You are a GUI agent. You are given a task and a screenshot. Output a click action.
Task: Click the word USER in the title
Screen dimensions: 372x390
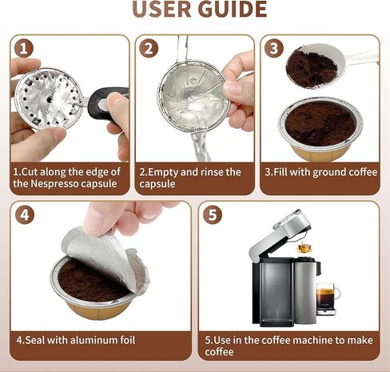point(163,9)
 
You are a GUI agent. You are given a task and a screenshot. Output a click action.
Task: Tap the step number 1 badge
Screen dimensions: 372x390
point(25,49)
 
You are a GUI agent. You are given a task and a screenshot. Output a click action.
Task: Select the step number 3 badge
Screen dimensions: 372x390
point(274,49)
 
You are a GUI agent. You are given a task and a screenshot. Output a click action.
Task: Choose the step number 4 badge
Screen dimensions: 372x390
point(25,214)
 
